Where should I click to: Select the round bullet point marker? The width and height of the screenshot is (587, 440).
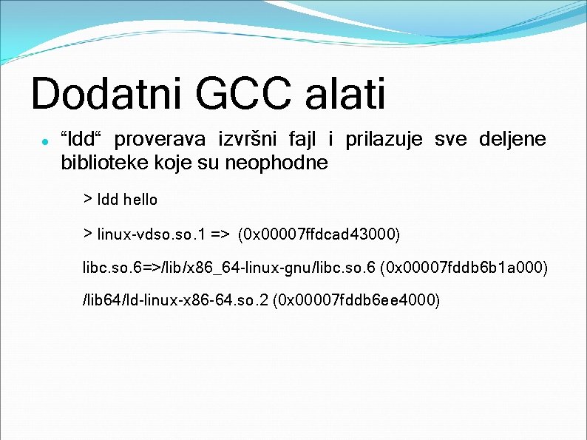point(45,140)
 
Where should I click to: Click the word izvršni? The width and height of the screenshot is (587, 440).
point(245,139)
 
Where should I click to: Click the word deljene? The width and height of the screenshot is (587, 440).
point(512,139)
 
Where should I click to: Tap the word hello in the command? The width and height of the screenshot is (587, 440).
point(140,200)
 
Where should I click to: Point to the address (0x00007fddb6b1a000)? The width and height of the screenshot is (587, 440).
point(464,267)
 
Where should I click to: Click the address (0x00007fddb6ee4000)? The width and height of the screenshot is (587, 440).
point(356,299)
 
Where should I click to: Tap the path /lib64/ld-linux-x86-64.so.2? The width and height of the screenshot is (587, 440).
point(175,299)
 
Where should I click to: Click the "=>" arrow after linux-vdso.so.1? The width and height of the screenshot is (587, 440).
point(220,234)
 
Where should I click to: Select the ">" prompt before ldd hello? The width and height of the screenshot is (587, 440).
point(87,199)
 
